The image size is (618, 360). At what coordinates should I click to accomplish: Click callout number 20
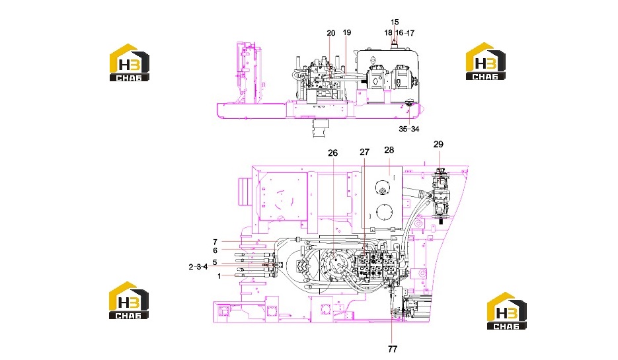331,33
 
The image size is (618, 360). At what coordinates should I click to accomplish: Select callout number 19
347,32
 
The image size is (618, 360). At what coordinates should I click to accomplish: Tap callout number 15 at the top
395,22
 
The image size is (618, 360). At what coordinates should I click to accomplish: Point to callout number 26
333,153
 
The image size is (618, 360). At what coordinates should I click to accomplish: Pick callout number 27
365,152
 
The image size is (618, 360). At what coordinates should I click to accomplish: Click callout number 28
389,150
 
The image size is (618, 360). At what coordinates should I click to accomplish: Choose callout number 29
438,145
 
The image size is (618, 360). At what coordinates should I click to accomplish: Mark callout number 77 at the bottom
393,349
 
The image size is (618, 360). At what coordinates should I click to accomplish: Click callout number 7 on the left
215,242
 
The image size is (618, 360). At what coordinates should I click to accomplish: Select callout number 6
215,250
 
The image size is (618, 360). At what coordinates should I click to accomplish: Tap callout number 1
219,277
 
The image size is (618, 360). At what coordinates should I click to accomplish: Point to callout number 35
403,129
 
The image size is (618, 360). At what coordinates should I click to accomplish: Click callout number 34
415,129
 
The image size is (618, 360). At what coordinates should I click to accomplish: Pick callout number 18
388,32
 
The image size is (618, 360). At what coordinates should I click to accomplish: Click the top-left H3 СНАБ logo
130,63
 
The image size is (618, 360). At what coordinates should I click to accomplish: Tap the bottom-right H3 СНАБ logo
507,310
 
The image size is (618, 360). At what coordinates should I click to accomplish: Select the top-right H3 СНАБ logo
486,61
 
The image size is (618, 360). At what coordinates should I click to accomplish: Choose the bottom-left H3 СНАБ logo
129,300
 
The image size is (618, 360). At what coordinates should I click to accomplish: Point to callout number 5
215,262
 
